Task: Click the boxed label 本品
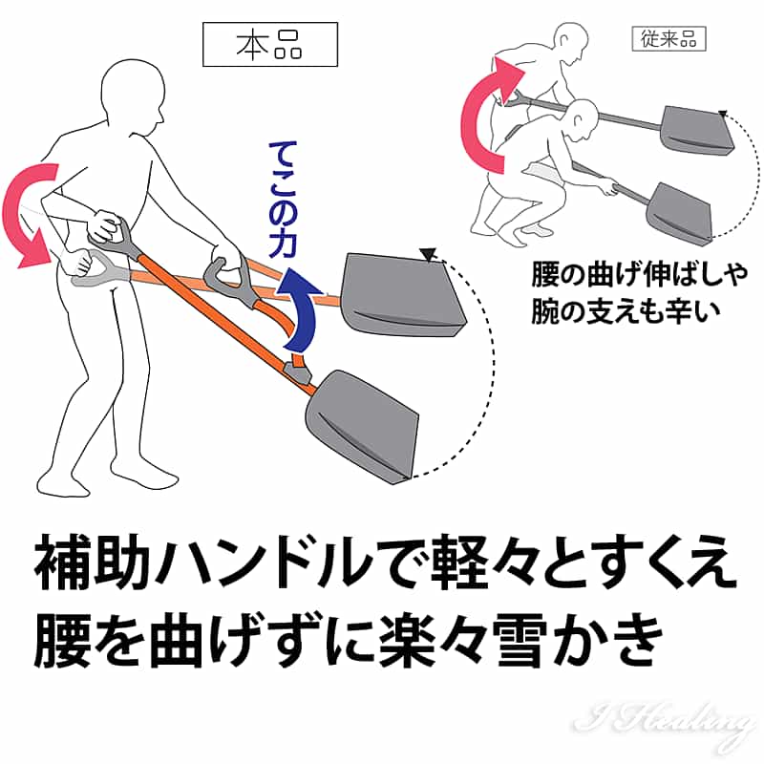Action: (x=270, y=44)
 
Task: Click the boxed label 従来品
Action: (x=668, y=38)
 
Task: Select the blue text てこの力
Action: (x=283, y=199)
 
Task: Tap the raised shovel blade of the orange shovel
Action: (x=402, y=295)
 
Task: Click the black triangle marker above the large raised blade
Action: (x=427, y=254)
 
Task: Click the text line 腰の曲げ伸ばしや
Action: (x=639, y=275)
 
